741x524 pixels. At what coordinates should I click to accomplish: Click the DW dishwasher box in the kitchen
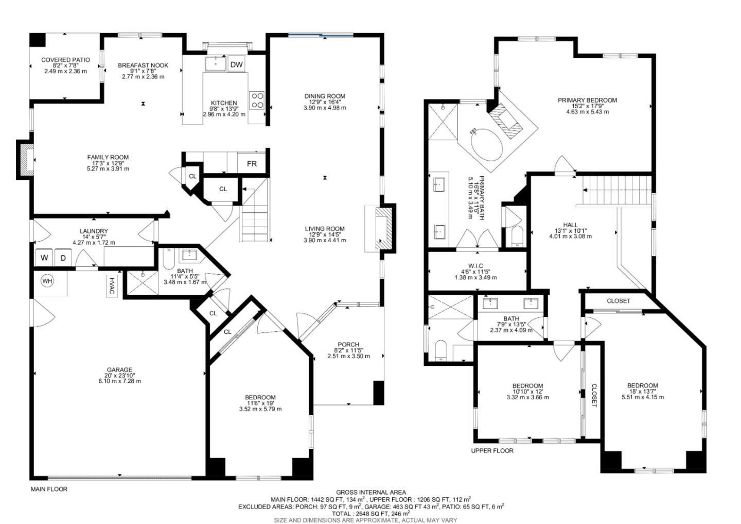pyautogui.click(x=236, y=64)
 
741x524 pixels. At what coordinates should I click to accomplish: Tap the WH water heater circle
pyautogui.click(x=47, y=281)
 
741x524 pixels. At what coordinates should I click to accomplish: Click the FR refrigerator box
pyautogui.click(x=252, y=164)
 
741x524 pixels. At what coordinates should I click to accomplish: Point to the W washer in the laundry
pyautogui.click(x=44, y=257)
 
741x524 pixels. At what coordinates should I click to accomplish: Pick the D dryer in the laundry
pyautogui.click(x=63, y=257)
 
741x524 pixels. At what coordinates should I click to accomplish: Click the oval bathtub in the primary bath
pyautogui.click(x=486, y=146)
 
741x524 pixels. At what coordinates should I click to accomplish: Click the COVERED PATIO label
pyautogui.click(x=65, y=60)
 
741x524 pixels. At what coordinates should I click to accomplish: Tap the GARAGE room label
pyautogui.click(x=119, y=370)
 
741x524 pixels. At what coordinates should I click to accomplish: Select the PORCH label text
pyautogui.click(x=348, y=345)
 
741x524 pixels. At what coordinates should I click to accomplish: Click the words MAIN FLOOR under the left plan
pyautogui.click(x=49, y=489)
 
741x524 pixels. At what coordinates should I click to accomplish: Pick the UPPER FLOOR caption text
pyautogui.click(x=492, y=450)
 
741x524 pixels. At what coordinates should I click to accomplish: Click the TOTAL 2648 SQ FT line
pyautogui.click(x=370, y=514)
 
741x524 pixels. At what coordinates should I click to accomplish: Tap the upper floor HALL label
pyautogui.click(x=570, y=225)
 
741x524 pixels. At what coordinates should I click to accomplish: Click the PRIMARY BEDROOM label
pyautogui.click(x=587, y=100)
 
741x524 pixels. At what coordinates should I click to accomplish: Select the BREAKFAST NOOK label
pyautogui.click(x=143, y=65)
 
